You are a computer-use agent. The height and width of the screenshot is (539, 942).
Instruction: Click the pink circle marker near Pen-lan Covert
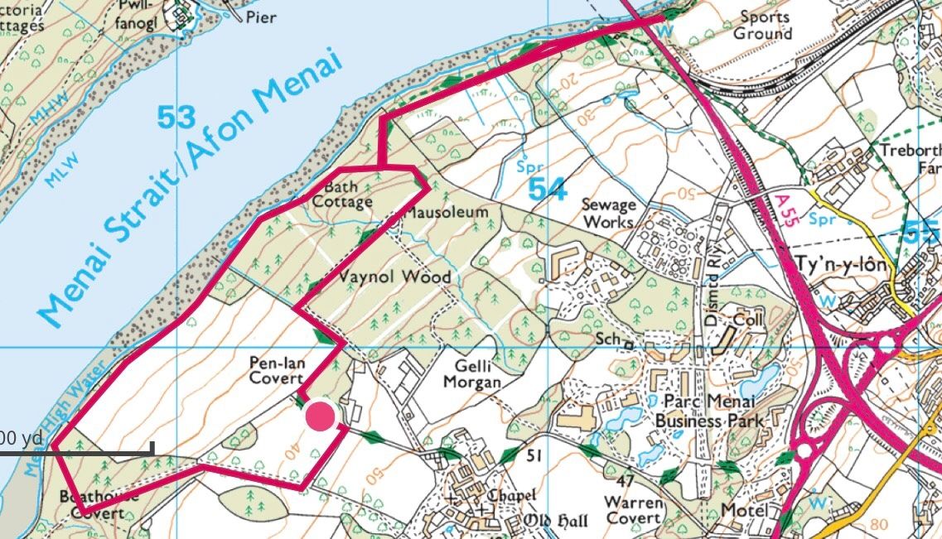[x=320, y=416]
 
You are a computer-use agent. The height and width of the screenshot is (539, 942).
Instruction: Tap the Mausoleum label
[x=446, y=213]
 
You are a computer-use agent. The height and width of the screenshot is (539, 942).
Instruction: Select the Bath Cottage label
[x=342, y=195]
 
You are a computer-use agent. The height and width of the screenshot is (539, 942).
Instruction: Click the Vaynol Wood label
[x=396, y=277]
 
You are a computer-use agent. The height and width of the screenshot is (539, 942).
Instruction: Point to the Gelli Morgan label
[x=473, y=373]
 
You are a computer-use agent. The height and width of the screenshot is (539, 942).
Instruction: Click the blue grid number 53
[x=176, y=118]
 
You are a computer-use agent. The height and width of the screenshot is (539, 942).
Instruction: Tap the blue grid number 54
[x=548, y=189]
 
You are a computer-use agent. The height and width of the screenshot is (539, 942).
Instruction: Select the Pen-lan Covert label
[x=276, y=370]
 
